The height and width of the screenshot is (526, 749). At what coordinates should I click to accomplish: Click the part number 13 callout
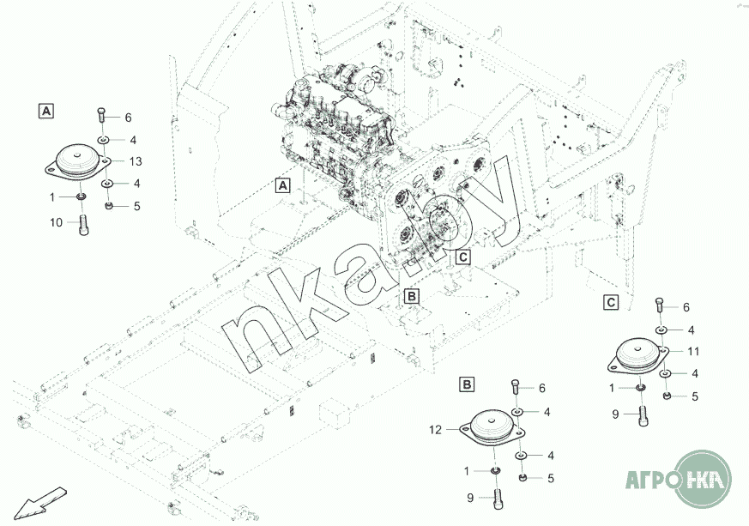tap(136, 161)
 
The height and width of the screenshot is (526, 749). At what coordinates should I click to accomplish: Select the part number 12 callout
tap(435, 430)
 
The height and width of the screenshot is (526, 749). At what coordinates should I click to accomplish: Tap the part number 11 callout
tap(693, 352)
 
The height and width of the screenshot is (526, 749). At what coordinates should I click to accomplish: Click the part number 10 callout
tap(57, 222)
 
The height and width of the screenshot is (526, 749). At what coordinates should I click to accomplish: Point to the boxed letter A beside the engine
tap(283, 185)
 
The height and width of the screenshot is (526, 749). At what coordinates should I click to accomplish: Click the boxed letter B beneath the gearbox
tap(411, 296)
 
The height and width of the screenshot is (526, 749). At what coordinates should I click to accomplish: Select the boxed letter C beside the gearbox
tap(463, 257)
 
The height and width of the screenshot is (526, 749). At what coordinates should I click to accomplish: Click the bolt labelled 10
tap(84, 226)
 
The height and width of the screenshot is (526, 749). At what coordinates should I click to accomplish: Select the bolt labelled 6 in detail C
tap(660, 305)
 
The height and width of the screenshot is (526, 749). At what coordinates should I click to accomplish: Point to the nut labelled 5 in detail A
tap(109, 206)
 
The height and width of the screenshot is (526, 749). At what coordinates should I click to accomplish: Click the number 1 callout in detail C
tap(612, 389)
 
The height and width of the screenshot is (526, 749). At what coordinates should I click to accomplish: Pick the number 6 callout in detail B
tap(541, 389)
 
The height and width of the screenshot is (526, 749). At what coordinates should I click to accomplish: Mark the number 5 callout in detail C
tap(695, 396)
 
